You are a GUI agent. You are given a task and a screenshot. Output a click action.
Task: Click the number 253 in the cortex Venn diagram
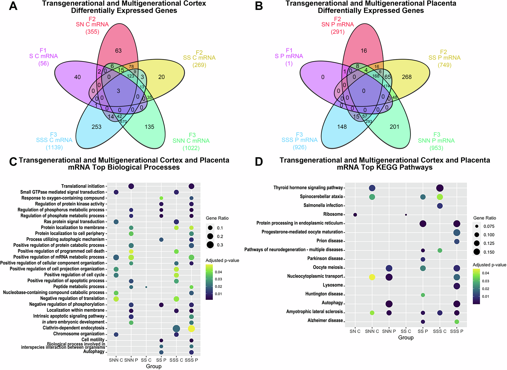pos(97,127)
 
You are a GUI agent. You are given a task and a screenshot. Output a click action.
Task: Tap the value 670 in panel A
pos(123,122)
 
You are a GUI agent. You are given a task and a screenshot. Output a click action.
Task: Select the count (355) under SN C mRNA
pos(92,32)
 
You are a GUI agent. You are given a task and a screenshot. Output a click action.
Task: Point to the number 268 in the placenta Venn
pos(407,77)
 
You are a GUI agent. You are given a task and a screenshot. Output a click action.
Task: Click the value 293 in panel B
pos(369,122)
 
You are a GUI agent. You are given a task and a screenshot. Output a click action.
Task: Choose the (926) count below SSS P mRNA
pos(300,147)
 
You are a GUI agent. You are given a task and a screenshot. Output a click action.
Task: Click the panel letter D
pos(259,162)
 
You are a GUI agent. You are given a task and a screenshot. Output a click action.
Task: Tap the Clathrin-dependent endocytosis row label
pos(74,328)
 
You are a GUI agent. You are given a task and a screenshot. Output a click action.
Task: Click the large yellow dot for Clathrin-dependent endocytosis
pos(191,329)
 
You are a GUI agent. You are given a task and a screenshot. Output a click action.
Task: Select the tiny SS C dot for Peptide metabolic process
pos(146,287)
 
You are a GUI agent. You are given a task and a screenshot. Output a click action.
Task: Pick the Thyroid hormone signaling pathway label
pos(308,188)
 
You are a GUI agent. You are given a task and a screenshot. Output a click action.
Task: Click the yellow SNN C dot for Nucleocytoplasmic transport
pos(372,277)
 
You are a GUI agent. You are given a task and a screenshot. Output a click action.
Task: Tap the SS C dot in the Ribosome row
pos(406,215)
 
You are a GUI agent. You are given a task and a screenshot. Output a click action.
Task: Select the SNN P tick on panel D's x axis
pos(389,331)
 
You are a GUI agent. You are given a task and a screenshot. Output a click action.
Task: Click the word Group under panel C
pos(154,366)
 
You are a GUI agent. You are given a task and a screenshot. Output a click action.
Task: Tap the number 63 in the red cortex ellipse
pos(118,51)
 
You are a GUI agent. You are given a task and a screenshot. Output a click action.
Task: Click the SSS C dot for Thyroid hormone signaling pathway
pos(440,188)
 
